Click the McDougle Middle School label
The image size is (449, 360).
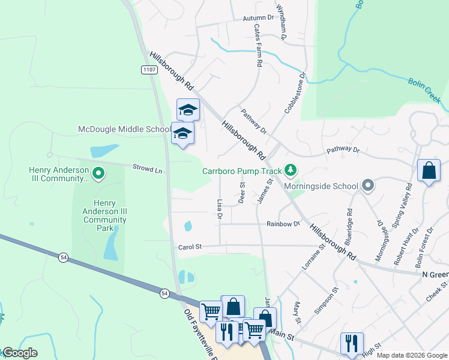[124, 130]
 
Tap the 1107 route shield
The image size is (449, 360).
[150, 70]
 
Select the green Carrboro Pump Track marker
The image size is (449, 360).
[291, 171]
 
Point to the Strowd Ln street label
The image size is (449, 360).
[148, 170]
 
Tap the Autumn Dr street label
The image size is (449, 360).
[258, 19]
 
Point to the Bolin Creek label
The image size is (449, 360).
[425, 89]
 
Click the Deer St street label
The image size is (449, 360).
[241, 194]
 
